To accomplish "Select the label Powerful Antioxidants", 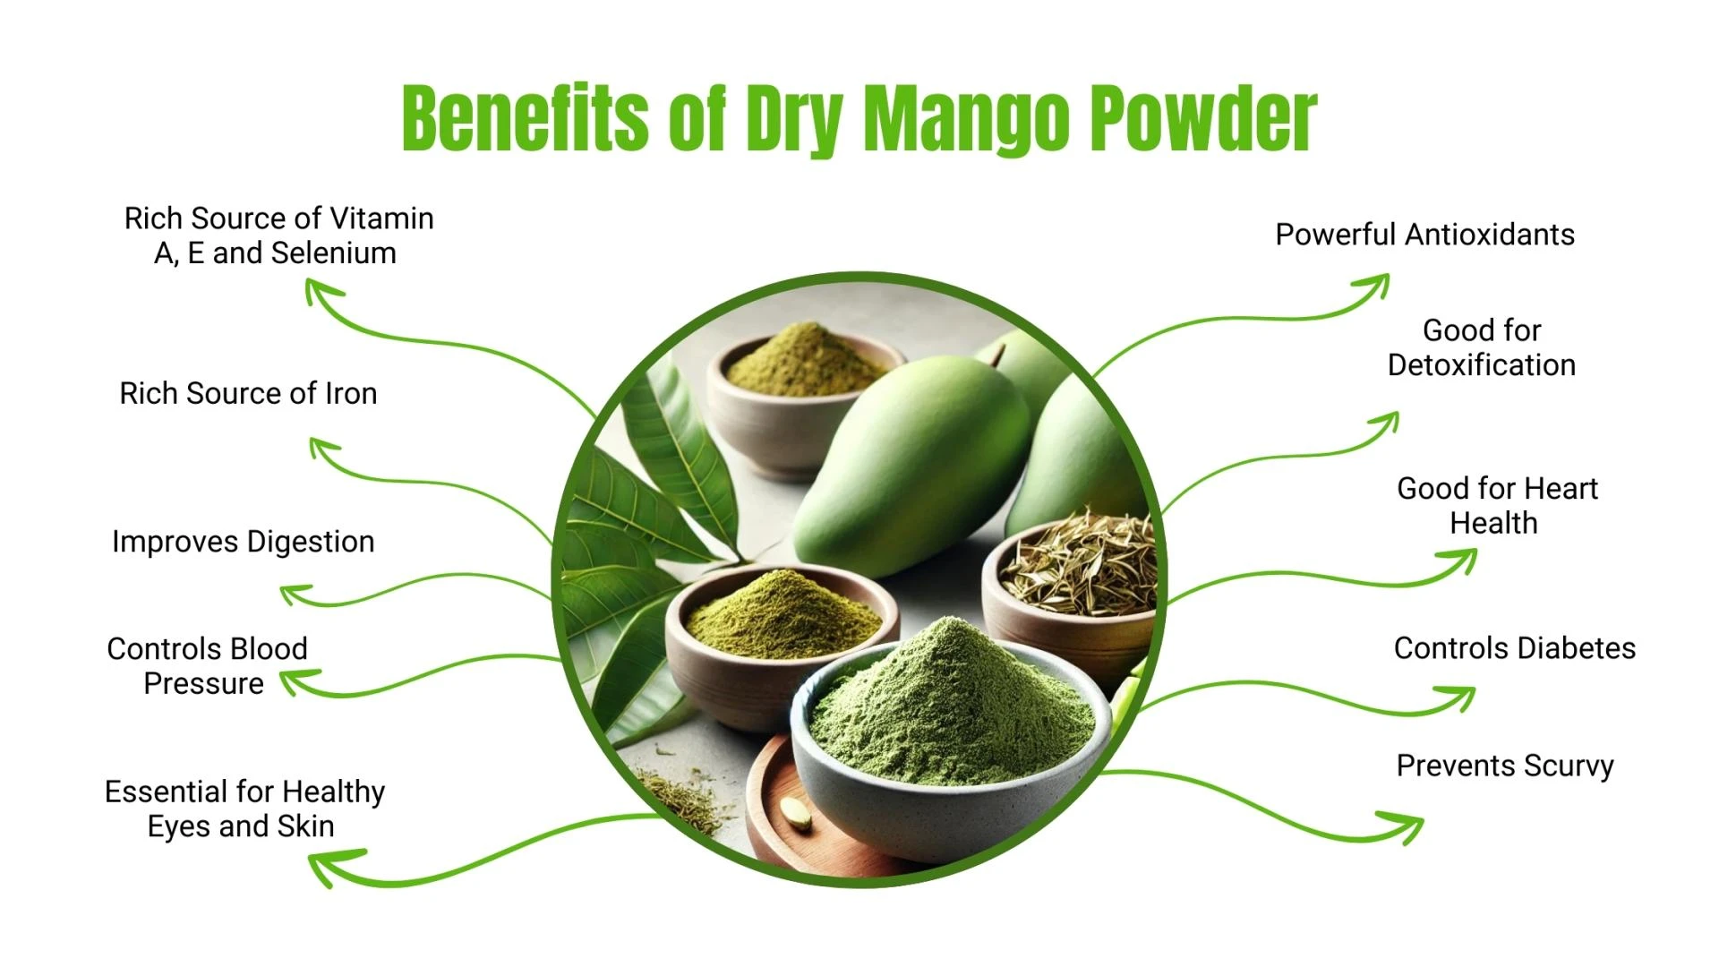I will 1424,235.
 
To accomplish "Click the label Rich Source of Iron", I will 248,393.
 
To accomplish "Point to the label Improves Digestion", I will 243,542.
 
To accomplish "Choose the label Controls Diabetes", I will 1514,648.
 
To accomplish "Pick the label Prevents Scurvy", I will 1505,766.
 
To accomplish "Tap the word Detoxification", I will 1481,365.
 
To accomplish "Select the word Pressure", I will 203,684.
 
